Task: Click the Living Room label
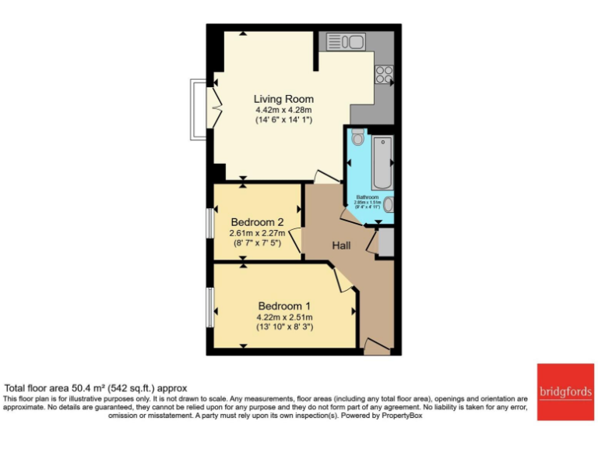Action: pos(283,99)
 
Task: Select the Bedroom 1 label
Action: pos(284,306)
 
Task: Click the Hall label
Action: pos(341,246)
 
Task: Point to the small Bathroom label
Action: pos(368,197)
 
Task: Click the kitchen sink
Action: pos(346,41)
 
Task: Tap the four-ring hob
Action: pos(384,74)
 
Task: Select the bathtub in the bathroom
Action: pos(382,163)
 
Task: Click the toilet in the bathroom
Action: pos(357,138)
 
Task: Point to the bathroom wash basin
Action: pos(389,204)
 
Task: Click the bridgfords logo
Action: pos(563,391)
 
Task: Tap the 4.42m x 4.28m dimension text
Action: pos(283,111)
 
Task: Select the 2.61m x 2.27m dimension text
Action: pos(256,232)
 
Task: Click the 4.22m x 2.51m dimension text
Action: pos(284,316)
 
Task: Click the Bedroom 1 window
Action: pos(209,307)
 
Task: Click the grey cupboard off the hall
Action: pos(385,243)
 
